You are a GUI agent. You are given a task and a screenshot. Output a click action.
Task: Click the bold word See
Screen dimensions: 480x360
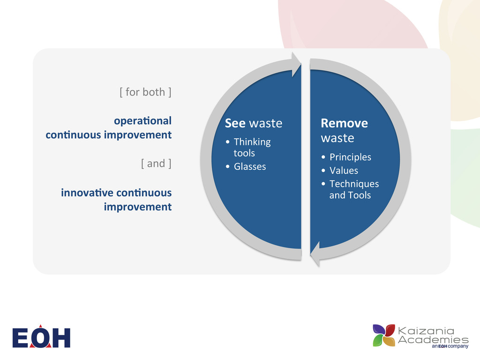tap(235, 123)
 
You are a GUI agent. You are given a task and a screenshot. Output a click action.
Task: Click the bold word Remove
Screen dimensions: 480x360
tap(344, 123)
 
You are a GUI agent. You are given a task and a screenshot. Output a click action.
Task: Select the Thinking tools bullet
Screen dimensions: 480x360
tap(252, 147)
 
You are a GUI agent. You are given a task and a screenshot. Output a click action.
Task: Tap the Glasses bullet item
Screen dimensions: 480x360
tap(249, 166)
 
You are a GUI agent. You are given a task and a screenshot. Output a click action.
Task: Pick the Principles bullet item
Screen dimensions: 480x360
tap(350, 157)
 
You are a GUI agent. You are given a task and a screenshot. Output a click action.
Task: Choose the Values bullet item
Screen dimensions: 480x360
tap(343, 171)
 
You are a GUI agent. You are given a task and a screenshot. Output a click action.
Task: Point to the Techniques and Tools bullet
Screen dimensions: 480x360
tap(353, 189)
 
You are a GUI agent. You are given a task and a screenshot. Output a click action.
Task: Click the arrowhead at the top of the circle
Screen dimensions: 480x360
tap(296, 65)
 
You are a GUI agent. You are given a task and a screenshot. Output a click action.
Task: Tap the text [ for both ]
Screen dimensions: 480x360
tap(145, 92)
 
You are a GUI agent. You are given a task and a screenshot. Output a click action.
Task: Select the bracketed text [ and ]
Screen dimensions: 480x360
tap(156, 164)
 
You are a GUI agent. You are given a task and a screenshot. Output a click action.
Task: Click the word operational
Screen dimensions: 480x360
tap(142, 120)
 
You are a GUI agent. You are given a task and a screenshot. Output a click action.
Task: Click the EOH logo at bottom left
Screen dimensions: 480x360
tap(41, 337)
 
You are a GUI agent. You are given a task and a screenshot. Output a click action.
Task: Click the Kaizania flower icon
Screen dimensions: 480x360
tap(384, 336)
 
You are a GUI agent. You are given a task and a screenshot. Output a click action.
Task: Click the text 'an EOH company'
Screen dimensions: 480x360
tap(450, 347)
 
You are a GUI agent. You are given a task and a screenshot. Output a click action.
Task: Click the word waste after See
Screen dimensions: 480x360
tap(265, 123)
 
